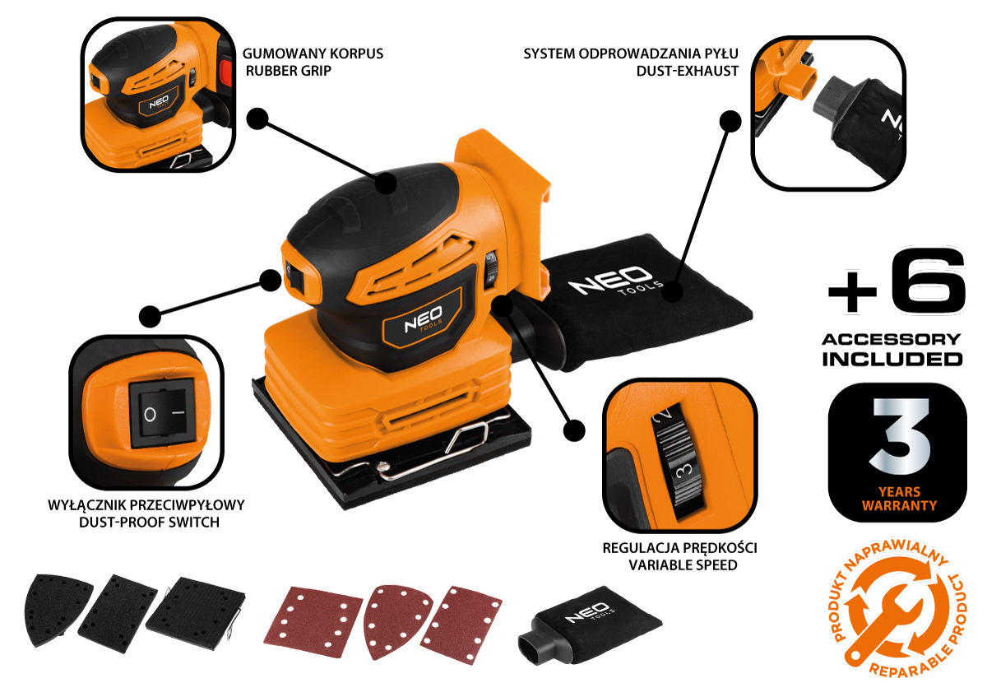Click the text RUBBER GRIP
click(289, 71)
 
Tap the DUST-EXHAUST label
click(687, 71)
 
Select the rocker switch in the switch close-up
click(162, 415)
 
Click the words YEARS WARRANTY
click(899, 498)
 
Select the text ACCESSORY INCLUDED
click(892, 349)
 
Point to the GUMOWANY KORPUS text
click(313, 54)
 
